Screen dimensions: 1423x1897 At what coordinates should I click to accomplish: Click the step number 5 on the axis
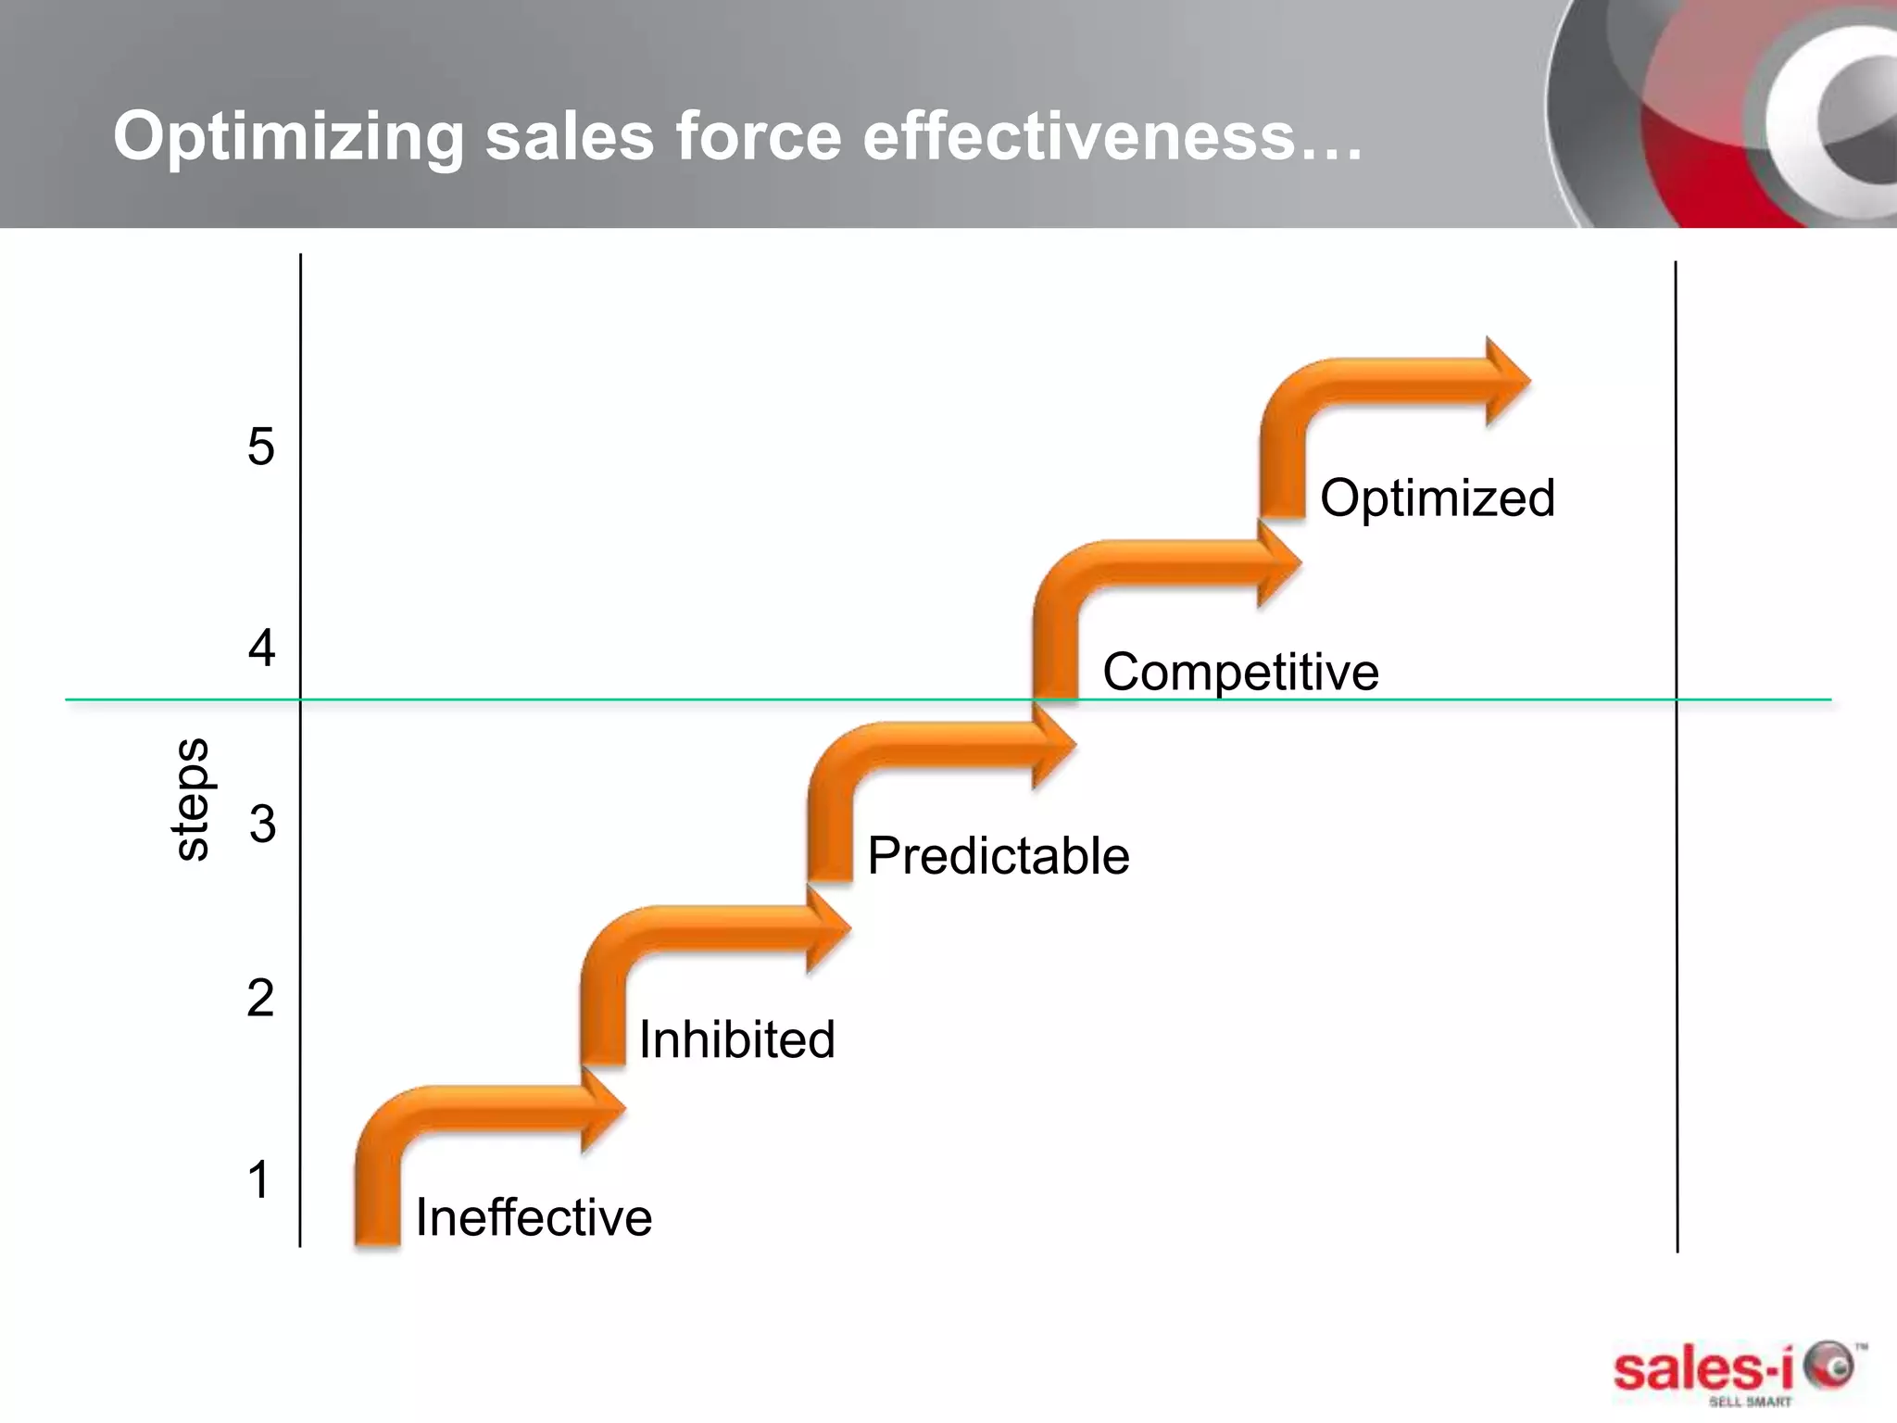(x=261, y=447)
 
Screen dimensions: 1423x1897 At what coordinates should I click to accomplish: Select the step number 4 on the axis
(x=261, y=648)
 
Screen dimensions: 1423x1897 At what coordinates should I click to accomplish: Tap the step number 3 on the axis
(x=262, y=824)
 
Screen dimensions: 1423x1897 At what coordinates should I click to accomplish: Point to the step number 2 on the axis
(x=260, y=998)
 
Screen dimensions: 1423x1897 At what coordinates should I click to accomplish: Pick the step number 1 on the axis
(x=258, y=1179)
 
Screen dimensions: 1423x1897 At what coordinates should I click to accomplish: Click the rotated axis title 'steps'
(x=192, y=799)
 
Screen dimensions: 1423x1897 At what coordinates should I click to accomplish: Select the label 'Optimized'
(x=1437, y=497)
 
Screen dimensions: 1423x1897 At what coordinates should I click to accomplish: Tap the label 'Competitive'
(x=1240, y=672)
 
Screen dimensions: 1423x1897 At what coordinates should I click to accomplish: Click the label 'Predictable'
(x=998, y=855)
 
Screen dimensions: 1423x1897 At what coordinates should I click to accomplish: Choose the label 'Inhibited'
(x=736, y=1039)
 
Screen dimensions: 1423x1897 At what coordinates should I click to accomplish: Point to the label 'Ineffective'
(x=534, y=1216)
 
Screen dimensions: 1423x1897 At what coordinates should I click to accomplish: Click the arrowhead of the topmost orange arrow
(x=1507, y=382)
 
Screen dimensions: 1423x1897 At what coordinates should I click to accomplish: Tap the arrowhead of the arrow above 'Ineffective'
(x=603, y=1108)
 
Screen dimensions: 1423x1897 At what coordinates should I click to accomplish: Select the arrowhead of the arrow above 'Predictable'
(x=1054, y=744)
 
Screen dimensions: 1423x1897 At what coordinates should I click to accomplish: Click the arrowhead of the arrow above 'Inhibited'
(x=828, y=927)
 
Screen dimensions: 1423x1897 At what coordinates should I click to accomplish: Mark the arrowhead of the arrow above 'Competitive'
(x=1279, y=562)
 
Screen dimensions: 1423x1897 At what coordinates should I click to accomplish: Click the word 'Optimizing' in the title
(x=287, y=136)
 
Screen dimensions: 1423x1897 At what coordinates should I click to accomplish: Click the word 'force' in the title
(x=758, y=136)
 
